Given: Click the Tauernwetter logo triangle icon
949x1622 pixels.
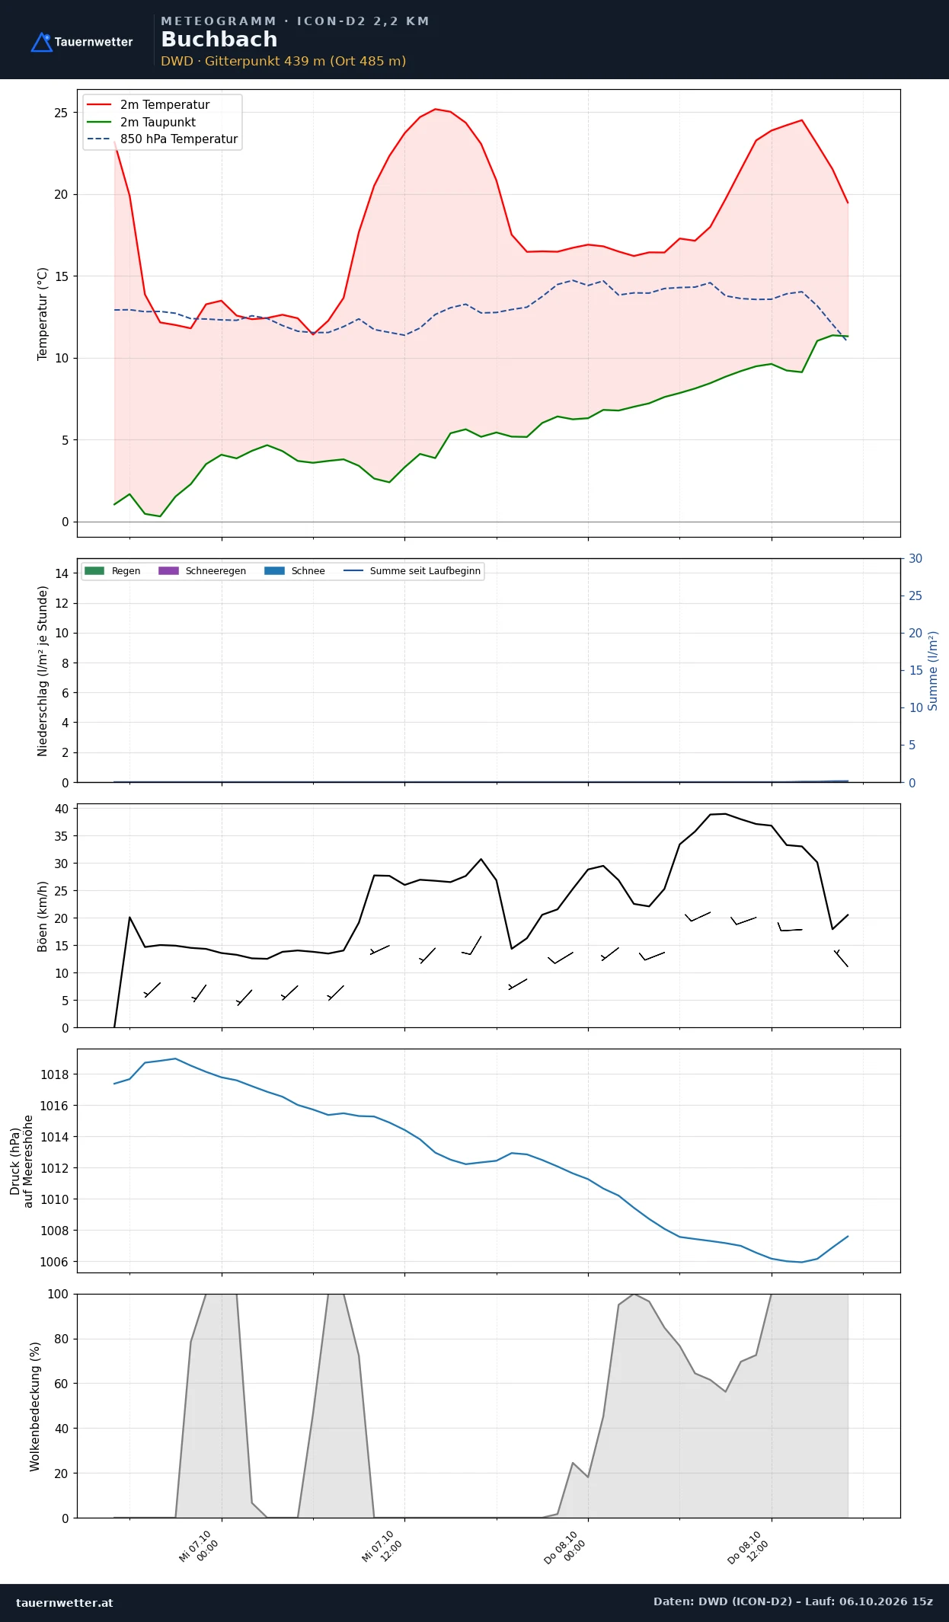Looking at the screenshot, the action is pyautogui.click(x=41, y=43).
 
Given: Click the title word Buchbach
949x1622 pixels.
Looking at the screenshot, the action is pyautogui.click(x=219, y=40).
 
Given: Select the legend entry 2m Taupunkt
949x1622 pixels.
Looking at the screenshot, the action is pyautogui.click(x=158, y=122).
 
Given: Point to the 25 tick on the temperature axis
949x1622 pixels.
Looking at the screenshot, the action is pyautogui.click(x=61, y=113).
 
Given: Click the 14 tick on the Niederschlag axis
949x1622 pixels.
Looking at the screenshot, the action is pyautogui.click(x=62, y=573).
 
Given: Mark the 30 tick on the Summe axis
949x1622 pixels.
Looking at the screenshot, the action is pyautogui.click(x=915, y=559).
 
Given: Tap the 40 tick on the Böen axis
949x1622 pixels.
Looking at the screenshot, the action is pyautogui.click(x=62, y=809).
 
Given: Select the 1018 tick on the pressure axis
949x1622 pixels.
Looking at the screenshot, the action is pyautogui.click(x=54, y=1074).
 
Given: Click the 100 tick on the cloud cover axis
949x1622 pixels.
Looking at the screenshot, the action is pyautogui.click(x=58, y=1294).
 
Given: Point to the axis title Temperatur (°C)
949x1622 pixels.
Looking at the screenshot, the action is pyautogui.click(x=43, y=314).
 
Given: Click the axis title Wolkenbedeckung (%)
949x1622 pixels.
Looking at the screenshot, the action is pyautogui.click(x=35, y=1406).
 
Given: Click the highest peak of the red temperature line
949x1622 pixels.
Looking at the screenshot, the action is pyautogui.click(x=435, y=109).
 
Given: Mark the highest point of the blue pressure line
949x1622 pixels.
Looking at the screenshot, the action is pyautogui.click(x=175, y=1058).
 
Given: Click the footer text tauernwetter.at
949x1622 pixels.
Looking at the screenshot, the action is pyautogui.click(x=65, y=1602).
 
